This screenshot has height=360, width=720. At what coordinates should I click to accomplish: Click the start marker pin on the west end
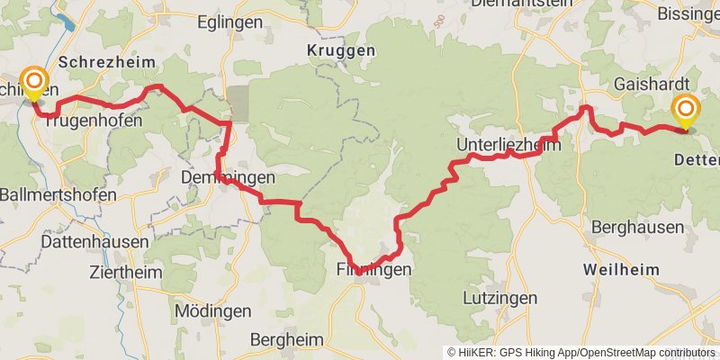[34, 84]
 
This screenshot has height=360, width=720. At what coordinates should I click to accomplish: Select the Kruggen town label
[340, 51]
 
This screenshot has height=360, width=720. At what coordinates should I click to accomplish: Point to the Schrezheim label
[106, 61]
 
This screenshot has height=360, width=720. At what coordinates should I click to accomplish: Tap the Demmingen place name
[227, 177]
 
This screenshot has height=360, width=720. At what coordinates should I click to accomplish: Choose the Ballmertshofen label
[58, 194]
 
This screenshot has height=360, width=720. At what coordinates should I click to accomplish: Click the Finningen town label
[373, 269]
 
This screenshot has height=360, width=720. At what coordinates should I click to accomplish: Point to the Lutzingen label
[499, 297]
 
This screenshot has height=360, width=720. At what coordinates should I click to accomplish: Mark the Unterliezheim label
[508, 145]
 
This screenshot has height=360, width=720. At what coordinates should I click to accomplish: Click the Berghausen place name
[638, 227]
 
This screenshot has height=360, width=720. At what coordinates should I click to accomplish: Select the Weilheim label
[620, 269]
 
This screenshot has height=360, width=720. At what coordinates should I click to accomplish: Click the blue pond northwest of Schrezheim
[63, 22]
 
